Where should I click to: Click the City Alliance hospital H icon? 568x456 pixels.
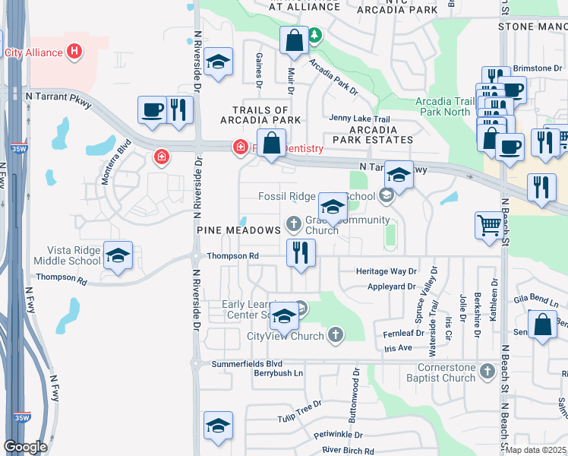[x=74, y=52]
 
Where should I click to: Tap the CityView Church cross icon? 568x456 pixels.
[x=336, y=335]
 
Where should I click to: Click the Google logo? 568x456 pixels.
[x=25, y=447]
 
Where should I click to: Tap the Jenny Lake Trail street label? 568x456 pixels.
[x=359, y=119]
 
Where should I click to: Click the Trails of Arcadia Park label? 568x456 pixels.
[x=260, y=115]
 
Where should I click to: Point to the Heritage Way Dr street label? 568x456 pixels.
[x=387, y=271]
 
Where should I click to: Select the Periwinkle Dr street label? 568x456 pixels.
[x=342, y=438]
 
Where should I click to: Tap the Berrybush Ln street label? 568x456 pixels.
[x=278, y=373]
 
